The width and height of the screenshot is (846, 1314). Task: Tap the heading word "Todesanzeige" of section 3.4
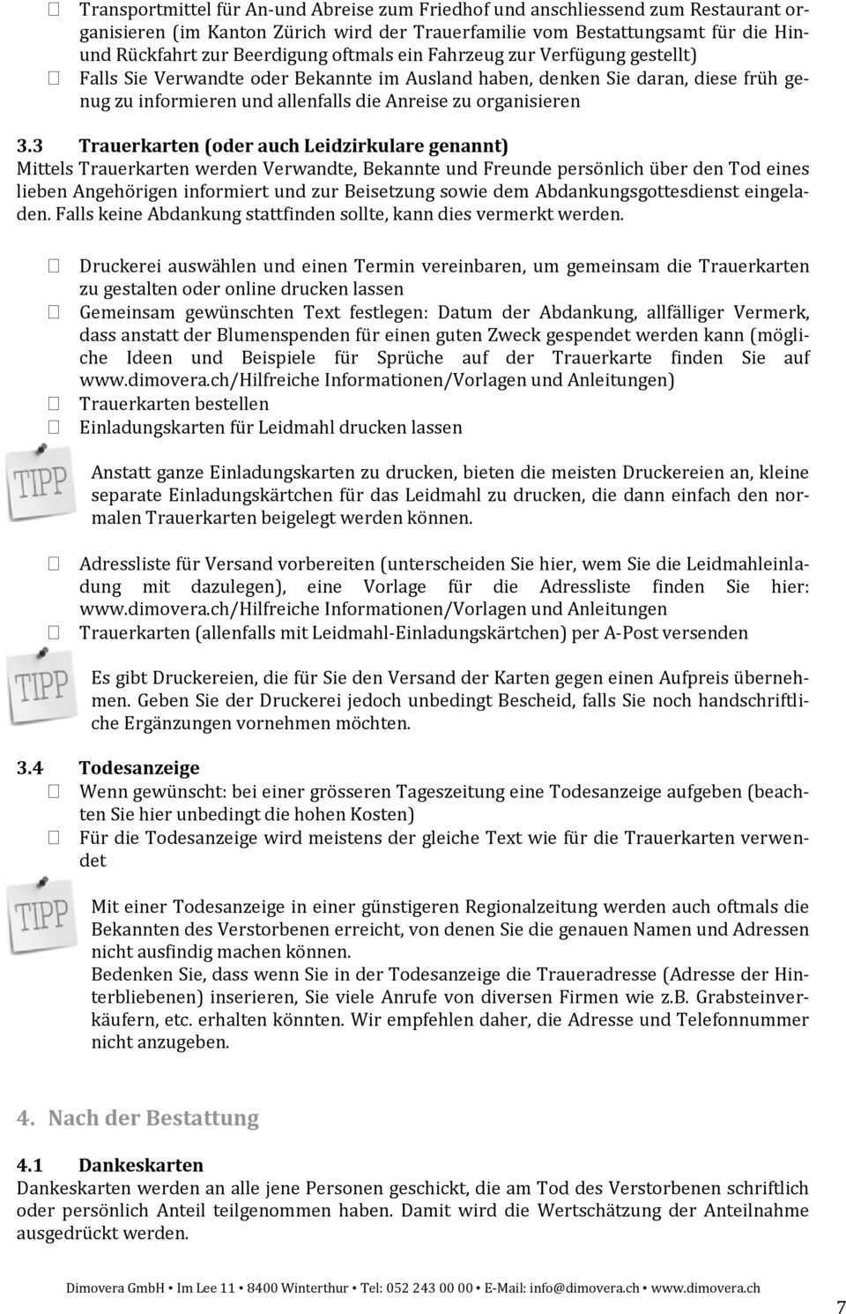[139, 767]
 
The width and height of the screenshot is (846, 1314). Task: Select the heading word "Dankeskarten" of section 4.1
[141, 1164]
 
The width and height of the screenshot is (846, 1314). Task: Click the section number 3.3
[31, 145]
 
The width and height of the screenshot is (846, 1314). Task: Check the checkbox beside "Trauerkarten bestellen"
[54, 404]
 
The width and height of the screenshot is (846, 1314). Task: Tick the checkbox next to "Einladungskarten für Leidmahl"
[54, 427]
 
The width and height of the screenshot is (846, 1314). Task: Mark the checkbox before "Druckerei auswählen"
[54, 265]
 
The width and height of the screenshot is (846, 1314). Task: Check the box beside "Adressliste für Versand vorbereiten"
[54, 564]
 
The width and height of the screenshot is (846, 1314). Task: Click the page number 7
[839, 1307]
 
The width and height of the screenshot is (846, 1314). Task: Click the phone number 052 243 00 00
[429, 1288]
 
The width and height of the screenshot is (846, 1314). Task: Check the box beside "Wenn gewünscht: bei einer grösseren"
[54, 792]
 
